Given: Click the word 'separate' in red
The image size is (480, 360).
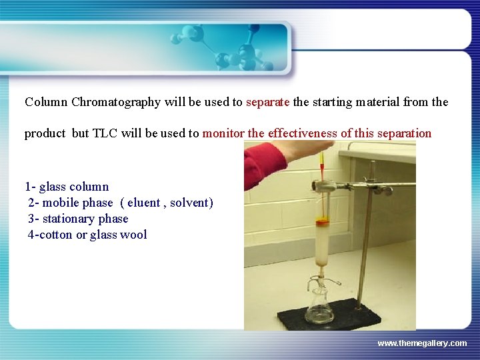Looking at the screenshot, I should coord(267,102).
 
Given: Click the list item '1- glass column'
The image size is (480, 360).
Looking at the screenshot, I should coord(67,187).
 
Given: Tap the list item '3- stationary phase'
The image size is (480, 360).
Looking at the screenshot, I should coord(78,219).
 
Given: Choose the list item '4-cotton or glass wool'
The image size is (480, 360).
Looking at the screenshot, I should coord(87,235).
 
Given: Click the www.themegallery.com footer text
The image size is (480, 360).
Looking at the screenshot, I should coord(422,343).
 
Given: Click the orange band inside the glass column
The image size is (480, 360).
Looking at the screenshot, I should coord(322,223).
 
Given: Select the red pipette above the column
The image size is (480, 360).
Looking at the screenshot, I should coord(321,163).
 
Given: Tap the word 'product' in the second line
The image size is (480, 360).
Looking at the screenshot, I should coord(45,133).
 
